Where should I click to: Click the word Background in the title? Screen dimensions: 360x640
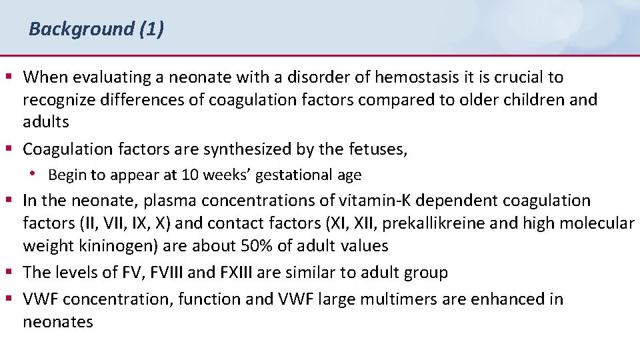pyautogui.click(x=81, y=29)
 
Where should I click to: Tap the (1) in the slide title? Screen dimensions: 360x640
pyautogui.click(x=151, y=29)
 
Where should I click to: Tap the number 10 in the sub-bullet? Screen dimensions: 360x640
pyautogui.click(x=189, y=175)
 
